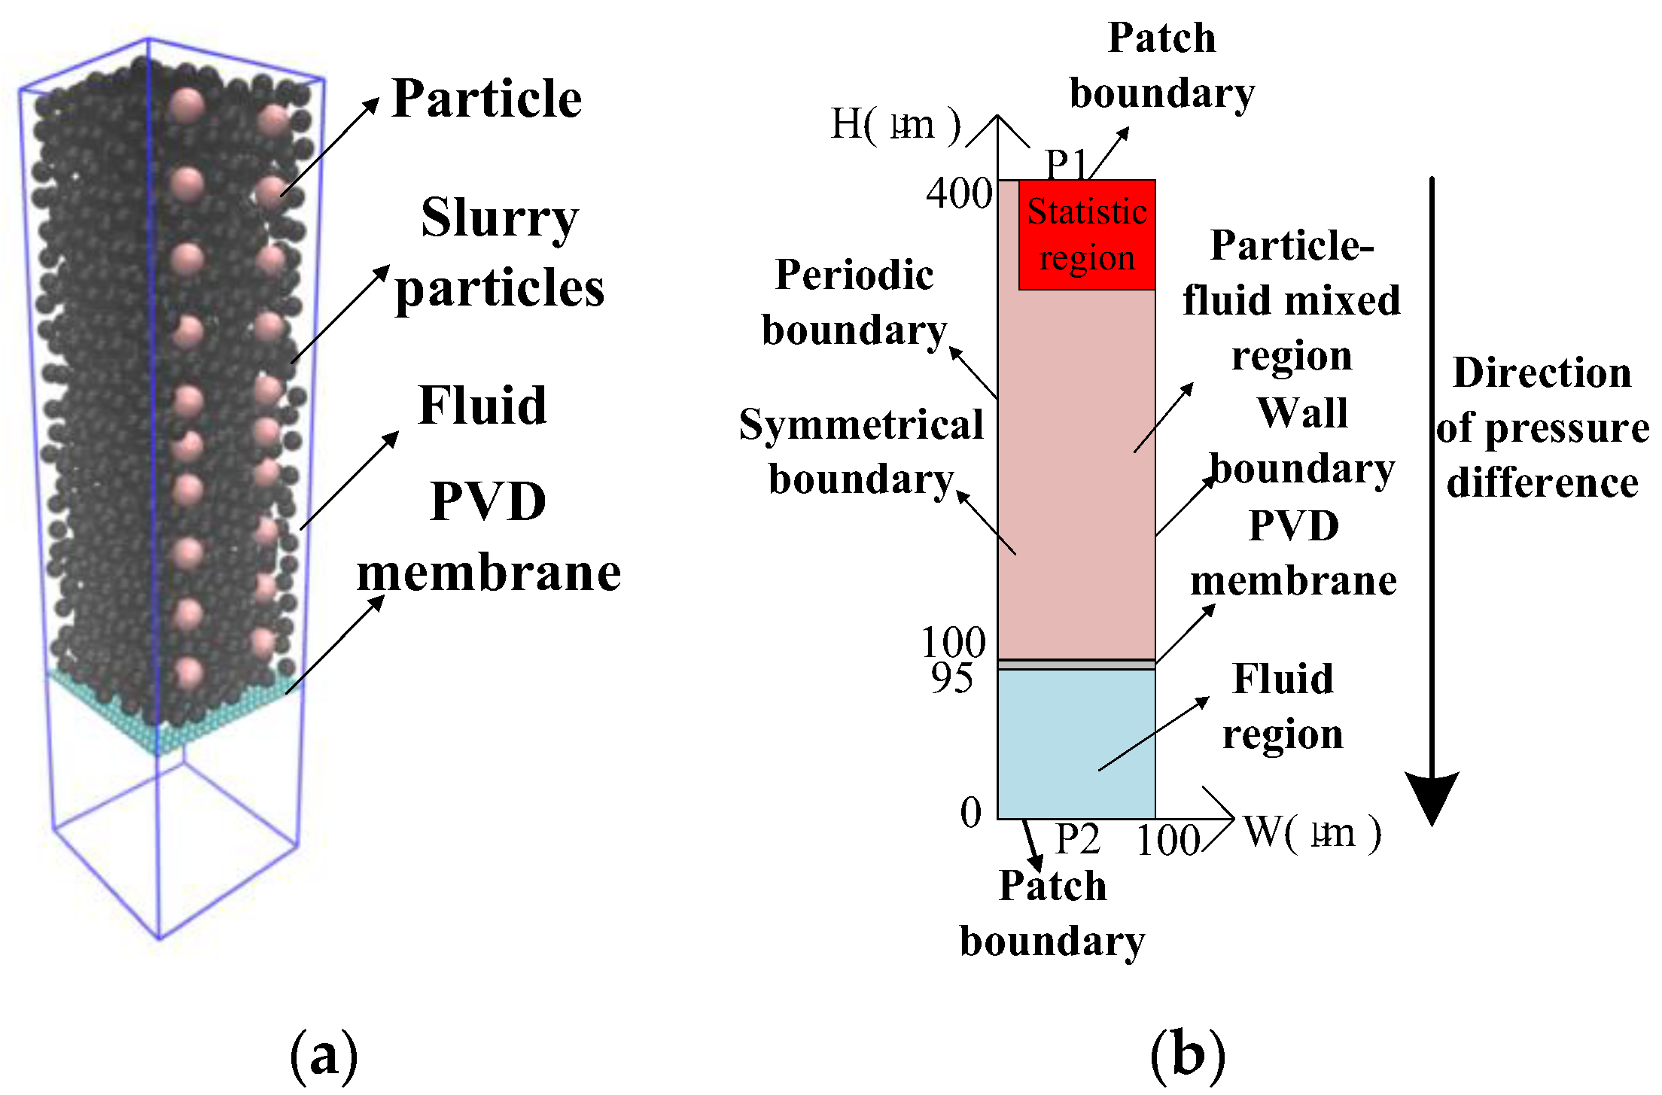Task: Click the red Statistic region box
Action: click(1086, 235)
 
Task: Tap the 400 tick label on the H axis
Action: click(959, 193)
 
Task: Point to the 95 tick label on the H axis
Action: click(951, 679)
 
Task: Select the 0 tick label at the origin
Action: click(971, 813)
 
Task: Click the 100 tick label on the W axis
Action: click(1168, 841)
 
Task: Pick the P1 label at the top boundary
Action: click(1067, 163)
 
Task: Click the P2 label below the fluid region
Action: click(1077, 839)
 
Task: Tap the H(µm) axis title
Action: click(896, 124)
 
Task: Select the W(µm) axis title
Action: click(1312, 833)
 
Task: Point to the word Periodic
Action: click(854, 275)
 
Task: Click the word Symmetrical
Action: click(861, 424)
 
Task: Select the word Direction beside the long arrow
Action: click(1542, 373)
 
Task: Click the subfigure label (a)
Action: click(324, 1056)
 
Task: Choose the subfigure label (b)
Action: click(1188, 1056)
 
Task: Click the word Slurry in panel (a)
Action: click(500, 218)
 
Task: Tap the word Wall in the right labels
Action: click(1302, 413)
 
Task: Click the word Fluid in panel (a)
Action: click(482, 406)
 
